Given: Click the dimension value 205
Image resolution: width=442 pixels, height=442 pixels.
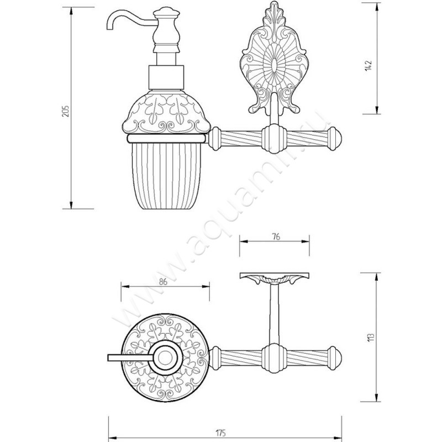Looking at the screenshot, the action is click(x=65, y=112).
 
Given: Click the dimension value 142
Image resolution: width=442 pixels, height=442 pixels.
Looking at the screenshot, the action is click(x=369, y=66).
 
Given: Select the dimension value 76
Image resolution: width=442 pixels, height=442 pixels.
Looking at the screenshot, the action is click(x=277, y=237).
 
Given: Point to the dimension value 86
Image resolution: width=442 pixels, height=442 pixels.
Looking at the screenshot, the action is click(x=163, y=282).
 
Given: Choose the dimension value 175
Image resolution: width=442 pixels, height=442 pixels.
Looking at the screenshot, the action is click(x=221, y=433).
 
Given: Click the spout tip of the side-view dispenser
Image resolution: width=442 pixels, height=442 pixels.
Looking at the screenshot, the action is click(x=110, y=29).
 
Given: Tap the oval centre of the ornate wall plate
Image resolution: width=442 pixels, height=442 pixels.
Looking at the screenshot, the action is click(x=273, y=66).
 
